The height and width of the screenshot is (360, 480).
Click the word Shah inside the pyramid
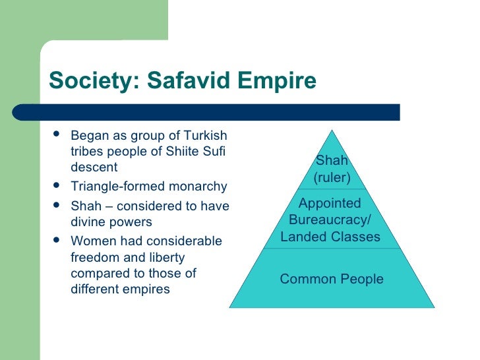(332, 160)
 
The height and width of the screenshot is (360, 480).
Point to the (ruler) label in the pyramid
(332, 177)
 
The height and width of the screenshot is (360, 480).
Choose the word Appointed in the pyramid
(330, 203)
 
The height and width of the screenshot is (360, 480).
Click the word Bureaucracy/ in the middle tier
(330, 220)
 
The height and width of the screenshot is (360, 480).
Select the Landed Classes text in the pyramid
(330, 237)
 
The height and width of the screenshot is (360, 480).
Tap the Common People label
(332, 279)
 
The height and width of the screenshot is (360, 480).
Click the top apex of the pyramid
(332, 130)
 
